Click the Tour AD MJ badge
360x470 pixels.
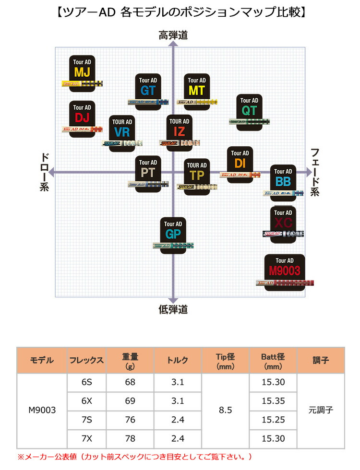click(82, 69)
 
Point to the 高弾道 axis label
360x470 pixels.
click(173, 35)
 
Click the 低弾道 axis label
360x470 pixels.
click(173, 309)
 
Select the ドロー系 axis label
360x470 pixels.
click(44, 172)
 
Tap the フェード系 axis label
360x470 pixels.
click(315, 172)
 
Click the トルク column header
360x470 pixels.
click(178, 360)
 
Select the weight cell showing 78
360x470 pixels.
click(130, 438)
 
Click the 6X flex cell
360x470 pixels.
click(87, 401)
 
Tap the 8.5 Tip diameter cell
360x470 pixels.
click(225, 410)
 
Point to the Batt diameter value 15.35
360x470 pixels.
click(274, 401)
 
